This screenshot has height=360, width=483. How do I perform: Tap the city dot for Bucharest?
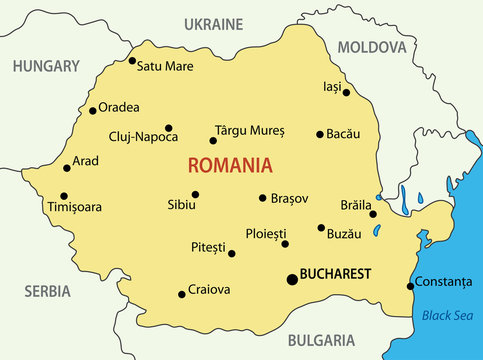(292, 279)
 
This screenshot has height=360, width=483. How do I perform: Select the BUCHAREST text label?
(337, 273)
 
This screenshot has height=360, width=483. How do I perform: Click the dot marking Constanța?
(410, 287)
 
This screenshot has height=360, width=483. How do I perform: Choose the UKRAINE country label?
(214, 23)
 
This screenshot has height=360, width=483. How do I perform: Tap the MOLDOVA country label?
(372, 46)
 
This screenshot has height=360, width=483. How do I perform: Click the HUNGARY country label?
(45, 65)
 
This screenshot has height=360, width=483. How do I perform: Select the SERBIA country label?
(47, 291)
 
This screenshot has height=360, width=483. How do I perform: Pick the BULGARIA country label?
(319, 340)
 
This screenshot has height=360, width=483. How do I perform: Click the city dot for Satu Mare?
(132, 61)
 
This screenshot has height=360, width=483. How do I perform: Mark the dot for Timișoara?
(64, 196)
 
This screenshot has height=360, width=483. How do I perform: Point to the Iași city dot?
(347, 93)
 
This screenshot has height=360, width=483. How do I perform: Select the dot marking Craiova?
(181, 294)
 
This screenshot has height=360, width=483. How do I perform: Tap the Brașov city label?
(289, 198)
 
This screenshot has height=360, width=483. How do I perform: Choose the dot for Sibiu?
(195, 194)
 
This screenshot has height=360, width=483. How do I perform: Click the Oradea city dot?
(93, 110)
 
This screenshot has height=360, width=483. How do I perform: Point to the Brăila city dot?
(372, 213)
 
